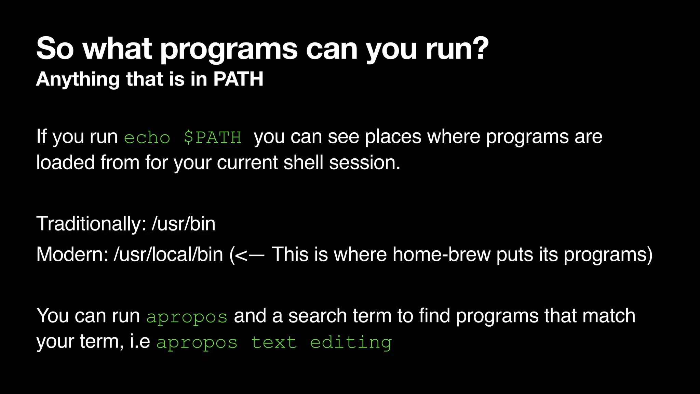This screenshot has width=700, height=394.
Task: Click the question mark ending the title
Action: (x=478, y=48)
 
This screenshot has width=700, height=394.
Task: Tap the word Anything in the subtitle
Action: (x=78, y=79)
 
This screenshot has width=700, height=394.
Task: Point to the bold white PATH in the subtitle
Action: (x=238, y=79)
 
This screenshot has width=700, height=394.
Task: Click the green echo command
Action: (x=147, y=137)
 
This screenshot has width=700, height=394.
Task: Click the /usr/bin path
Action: (x=184, y=224)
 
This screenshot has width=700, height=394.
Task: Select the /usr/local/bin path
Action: (x=169, y=254)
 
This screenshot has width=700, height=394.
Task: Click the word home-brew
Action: (x=442, y=254)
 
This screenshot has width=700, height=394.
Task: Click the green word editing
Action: (x=351, y=342)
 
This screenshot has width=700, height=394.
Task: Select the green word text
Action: (x=274, y=342)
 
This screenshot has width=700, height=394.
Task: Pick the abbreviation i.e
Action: (x=140, y=341)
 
